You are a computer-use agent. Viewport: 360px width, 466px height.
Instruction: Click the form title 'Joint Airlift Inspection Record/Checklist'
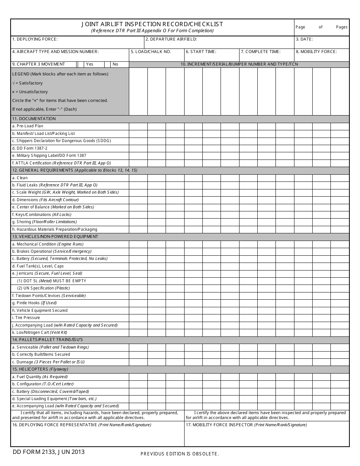[152, 24]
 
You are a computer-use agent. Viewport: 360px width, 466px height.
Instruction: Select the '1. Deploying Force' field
[77, 42]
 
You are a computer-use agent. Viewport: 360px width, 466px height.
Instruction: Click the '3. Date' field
[322, 42]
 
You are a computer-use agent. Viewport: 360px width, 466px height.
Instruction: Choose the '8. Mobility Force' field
[322, 55]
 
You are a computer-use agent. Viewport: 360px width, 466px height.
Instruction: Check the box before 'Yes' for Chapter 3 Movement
[80, 64]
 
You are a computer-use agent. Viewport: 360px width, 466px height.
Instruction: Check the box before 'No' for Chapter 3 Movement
[107, 64]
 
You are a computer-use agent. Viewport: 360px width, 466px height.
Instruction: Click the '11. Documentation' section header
[34, 119]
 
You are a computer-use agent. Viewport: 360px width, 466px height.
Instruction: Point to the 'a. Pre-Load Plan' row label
[28, 126]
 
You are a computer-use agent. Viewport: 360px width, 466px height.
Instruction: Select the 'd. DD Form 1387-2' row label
[30, 148]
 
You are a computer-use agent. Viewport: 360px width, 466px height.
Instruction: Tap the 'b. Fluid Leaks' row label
[55, 185]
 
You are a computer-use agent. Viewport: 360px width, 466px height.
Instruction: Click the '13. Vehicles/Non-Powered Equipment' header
[55, 237]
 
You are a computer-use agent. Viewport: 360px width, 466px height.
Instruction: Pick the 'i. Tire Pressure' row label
[26, 318]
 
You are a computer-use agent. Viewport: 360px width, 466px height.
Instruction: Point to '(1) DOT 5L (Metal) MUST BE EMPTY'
[52, 281]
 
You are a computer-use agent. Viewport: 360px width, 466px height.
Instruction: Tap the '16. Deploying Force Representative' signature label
[81, 425]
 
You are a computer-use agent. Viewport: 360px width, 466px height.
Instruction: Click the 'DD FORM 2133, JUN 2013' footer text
[49, 452]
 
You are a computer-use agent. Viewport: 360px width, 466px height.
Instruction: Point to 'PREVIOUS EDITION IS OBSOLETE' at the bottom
[180, 454]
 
